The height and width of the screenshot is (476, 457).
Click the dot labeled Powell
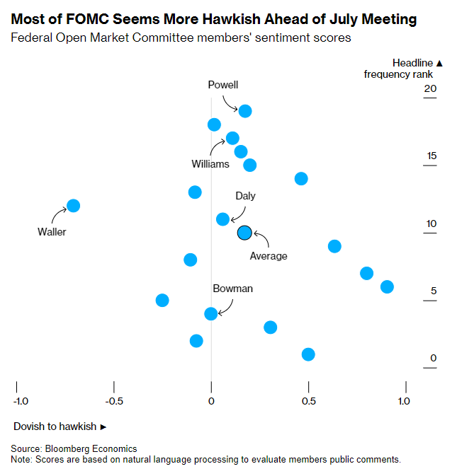245,111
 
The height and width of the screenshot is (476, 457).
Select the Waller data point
73,206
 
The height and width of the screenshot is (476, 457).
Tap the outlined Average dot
244,233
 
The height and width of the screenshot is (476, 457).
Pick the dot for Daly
222,219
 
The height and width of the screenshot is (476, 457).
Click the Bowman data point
210,313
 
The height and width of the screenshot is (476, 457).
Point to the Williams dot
232,138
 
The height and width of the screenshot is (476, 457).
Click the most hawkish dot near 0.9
387,286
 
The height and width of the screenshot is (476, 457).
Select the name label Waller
52,231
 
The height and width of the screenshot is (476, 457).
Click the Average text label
269,256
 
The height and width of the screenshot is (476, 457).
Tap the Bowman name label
232,289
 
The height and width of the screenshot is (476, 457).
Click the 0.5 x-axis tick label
309,401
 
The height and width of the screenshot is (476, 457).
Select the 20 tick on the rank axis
430,88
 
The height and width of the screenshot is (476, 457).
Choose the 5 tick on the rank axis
433,291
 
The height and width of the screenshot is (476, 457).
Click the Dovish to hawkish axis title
60,426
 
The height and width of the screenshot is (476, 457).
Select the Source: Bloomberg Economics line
74,448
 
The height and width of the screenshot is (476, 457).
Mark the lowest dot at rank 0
308,354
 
